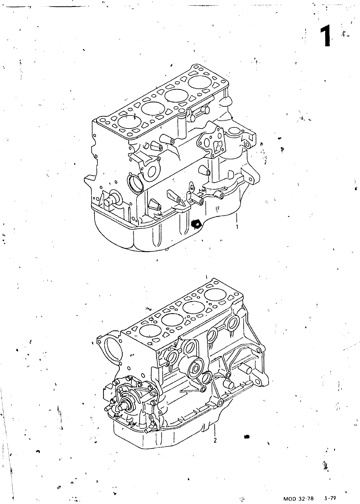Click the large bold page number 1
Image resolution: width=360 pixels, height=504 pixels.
pyautogui.click(x=325, y=36)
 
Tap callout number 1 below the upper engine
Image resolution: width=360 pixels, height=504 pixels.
pyautogui.click(x=237, y=227)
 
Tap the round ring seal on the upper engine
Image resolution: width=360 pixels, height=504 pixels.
pyautogui.click(x=135, y=183)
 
